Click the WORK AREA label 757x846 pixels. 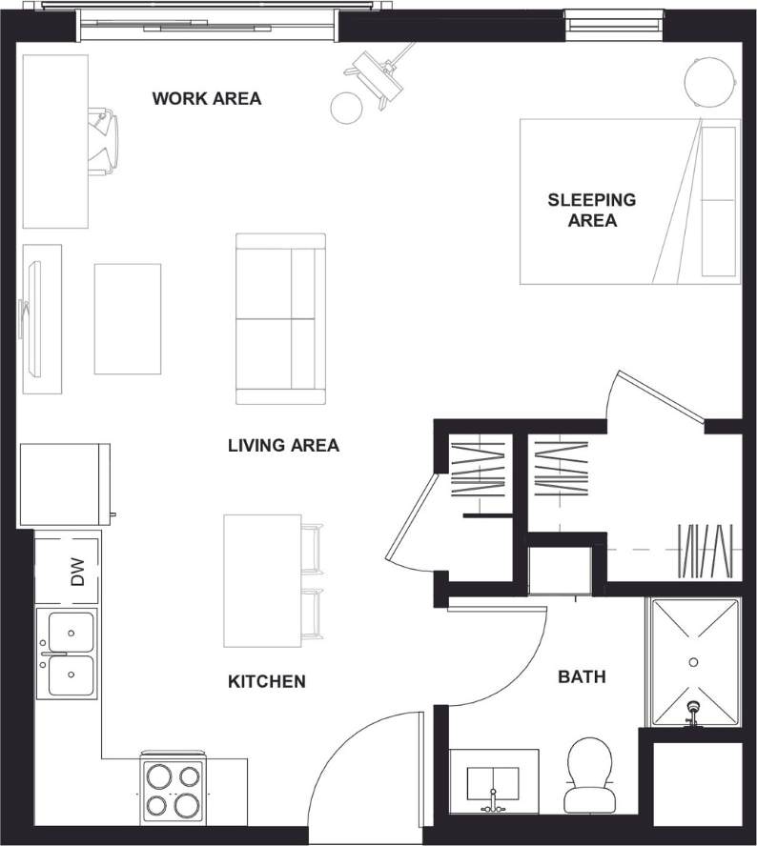206,98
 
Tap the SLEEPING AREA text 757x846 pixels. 591,211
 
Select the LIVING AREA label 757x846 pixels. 283,445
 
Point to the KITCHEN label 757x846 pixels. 267,681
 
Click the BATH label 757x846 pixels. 582,677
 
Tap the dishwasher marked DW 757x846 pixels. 68,571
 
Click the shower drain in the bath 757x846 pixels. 693,660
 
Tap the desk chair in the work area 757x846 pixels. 104,142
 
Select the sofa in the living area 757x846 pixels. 280,318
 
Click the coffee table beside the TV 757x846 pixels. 127,318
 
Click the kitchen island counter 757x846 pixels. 262,580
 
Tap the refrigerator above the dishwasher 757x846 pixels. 65,485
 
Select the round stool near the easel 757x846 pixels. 346,108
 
